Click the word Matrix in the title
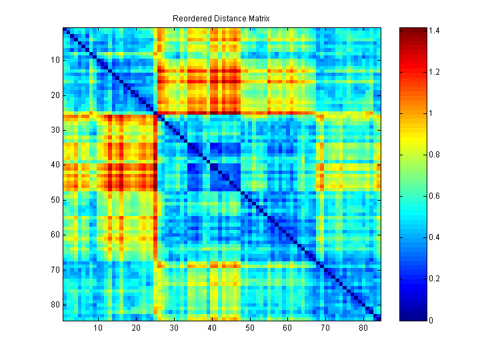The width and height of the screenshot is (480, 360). (x=257, y=19)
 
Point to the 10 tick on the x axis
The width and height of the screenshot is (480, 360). (x=98, y=328)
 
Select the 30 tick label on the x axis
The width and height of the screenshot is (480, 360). (x=174, y=328)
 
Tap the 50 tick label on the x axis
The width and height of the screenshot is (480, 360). (x=250, y=328)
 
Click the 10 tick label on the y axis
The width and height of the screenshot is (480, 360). (x=55, y=59)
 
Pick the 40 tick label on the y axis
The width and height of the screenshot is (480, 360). (x=55, y=165)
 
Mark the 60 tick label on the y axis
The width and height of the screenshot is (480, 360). (x=55, y=235)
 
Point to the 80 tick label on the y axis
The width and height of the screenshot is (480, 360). (x=55, y=305)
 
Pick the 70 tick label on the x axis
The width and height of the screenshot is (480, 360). (x=325, y=328)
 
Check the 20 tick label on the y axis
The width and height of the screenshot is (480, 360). (x=55, y=95)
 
